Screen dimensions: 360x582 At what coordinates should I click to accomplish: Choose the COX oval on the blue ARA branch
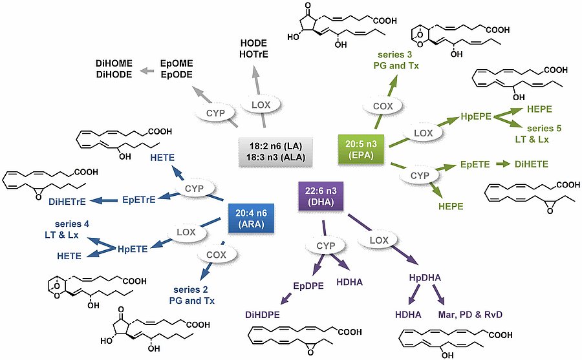pyautogui.click(x=219, y=255)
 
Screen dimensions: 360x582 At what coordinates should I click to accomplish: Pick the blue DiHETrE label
pyautogui.click(x=69, y=200)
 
